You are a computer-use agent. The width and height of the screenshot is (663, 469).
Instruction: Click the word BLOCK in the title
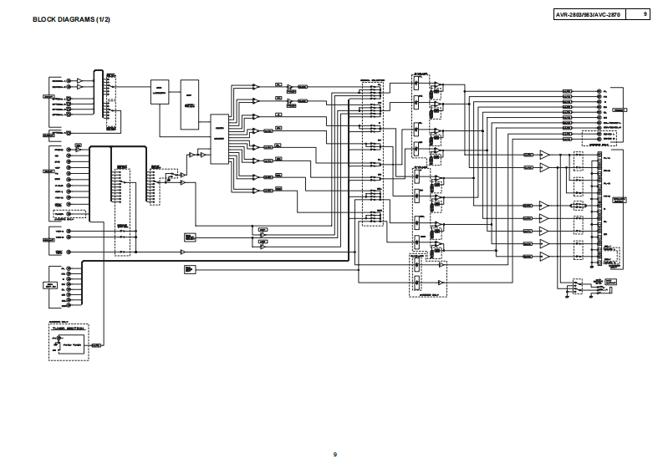pos(44,19)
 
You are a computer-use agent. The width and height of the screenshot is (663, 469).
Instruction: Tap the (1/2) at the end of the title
pos(103,19)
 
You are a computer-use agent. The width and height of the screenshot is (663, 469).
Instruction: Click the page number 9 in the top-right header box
pos(645,15)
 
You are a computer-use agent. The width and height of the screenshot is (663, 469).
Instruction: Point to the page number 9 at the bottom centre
pos(334,454)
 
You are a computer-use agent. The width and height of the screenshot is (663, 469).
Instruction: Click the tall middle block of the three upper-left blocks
pos(190,107)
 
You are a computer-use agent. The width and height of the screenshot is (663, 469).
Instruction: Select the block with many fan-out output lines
pos(219,135)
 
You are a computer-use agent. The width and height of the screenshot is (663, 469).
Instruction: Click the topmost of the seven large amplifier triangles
pos(544,155)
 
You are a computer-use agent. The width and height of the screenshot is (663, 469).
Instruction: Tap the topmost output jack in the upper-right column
pos(599,92)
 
